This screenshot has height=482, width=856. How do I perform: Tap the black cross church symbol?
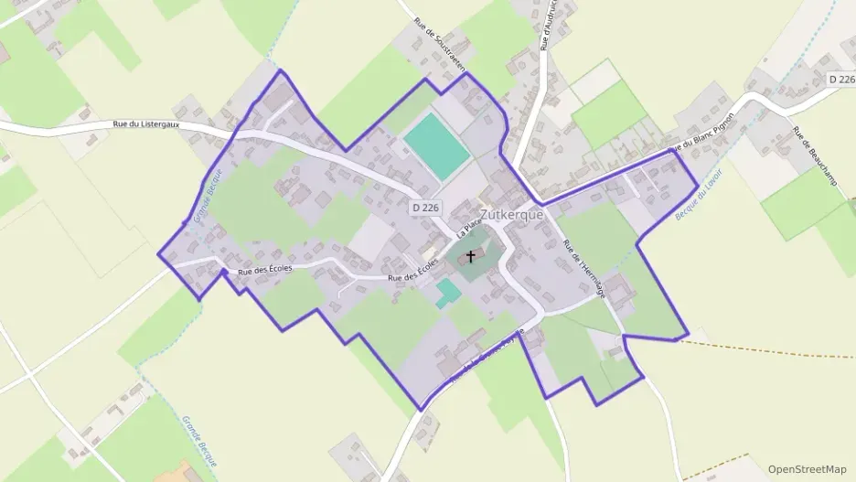point(471,257)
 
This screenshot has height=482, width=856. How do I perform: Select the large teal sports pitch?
point(437,145)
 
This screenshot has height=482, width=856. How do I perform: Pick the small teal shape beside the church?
point(447,293)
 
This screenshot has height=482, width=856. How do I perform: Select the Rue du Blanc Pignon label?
point(701,134)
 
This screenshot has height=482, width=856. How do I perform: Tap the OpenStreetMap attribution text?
point(807,469)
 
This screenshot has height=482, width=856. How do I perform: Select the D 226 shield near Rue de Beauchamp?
point(840,80)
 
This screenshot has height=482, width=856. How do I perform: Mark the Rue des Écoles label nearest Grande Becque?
point(264,270)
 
